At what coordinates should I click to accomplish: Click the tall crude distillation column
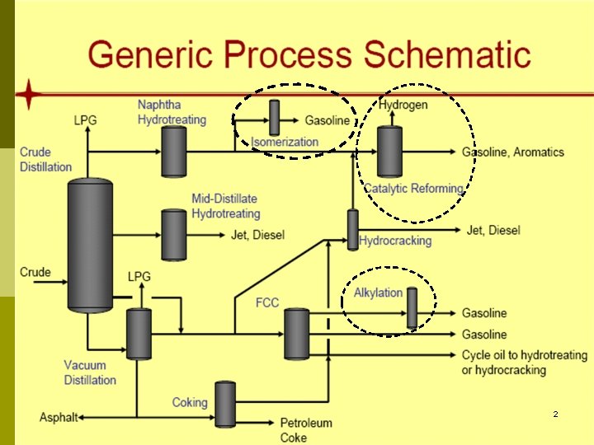tap(90, 245)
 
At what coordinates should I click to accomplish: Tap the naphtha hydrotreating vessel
tap(173, 151)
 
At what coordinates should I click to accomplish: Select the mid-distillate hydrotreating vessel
tap(173, 235)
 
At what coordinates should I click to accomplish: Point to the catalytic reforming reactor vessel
tap(389, 152)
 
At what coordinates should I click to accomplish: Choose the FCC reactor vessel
tap(296, 334)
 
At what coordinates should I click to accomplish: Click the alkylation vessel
tap(412, 307)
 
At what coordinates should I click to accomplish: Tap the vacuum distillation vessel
tap(139, 334)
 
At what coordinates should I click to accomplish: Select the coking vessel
tap(225, 403)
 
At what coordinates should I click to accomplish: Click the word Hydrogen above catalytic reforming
tap(403, 105)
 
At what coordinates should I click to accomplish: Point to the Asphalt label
tap(58, 418)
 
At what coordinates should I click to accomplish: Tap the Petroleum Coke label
tap(306, 430)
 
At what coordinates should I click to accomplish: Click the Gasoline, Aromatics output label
tap(512, 152)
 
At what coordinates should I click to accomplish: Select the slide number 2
tap(555, 414)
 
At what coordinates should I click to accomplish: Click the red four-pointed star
tap(30, 95)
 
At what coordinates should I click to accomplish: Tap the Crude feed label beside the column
tap(35, 272)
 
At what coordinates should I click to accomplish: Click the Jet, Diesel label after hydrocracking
tap(493, 230)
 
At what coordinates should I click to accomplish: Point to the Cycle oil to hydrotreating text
tap(524, 355)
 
